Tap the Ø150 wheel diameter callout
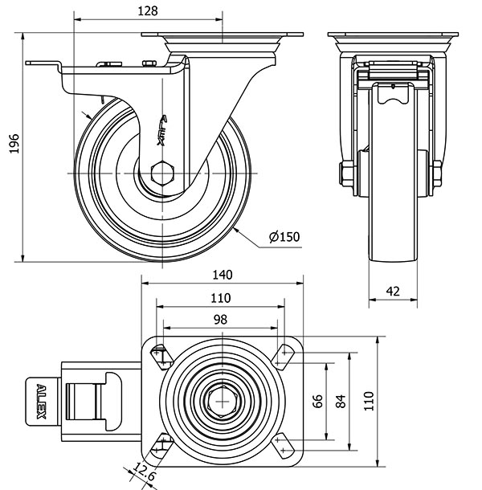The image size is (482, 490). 284,237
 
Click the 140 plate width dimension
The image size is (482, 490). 223,275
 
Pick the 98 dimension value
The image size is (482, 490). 219,319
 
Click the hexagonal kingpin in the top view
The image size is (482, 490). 221,399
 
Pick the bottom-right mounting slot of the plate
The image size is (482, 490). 283,444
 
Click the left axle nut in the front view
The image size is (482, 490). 346,174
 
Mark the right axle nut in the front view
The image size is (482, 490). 438,174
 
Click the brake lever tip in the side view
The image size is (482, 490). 32,63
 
